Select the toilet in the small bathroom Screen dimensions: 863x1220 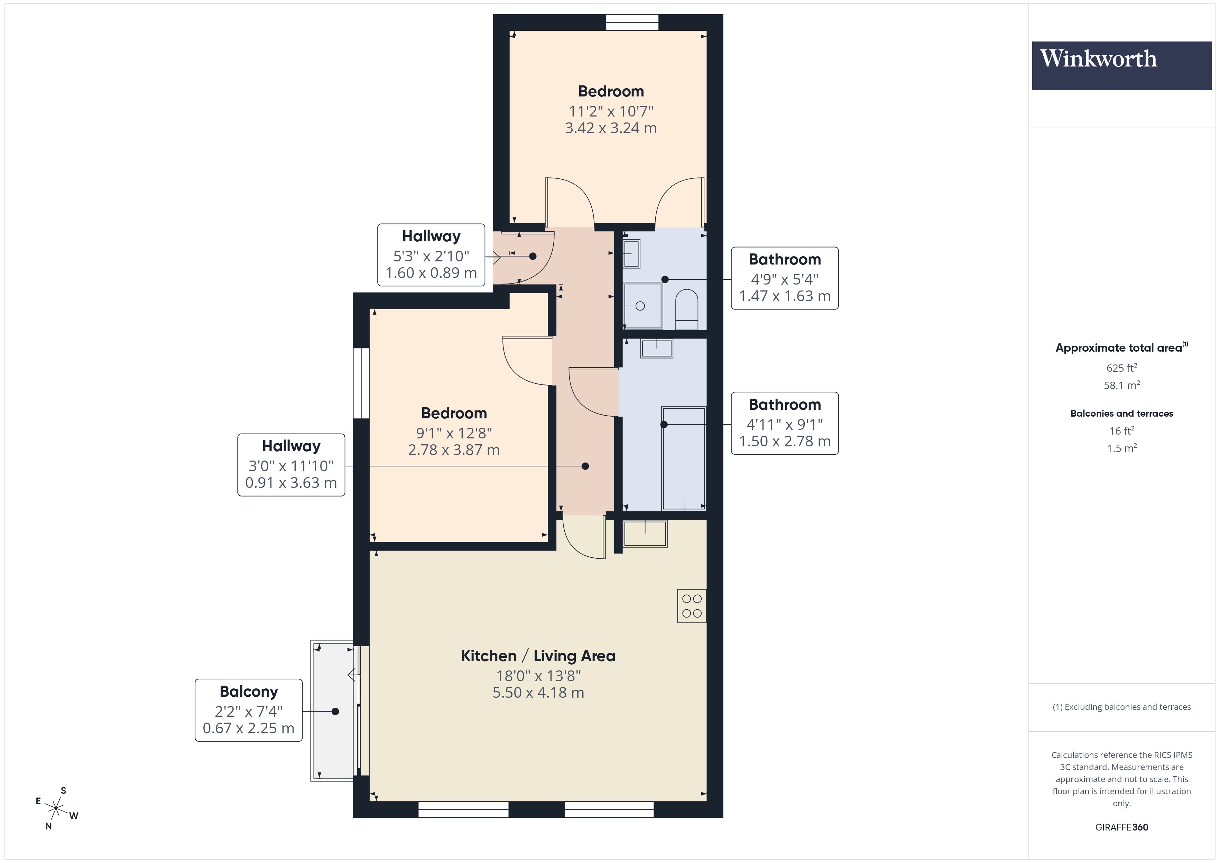click(686, 309)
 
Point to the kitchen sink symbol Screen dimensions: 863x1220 click(645, 533)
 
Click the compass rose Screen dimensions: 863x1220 click(56, 809)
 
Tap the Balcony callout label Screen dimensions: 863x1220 click(249, 709)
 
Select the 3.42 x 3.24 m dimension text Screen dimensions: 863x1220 click(611, 128)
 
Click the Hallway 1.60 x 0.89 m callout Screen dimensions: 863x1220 click(431, 255)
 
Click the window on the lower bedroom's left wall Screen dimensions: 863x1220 click(361, 383)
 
